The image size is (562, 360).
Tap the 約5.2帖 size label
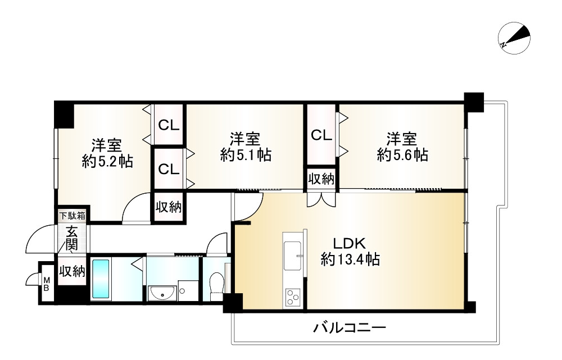[107, 162]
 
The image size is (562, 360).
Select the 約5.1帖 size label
[246, 155]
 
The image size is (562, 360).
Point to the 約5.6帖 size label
[402, 155]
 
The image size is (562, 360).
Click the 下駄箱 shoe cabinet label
[72, 215]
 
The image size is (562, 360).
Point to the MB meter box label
[47, 284]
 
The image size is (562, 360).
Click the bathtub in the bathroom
[102, 279]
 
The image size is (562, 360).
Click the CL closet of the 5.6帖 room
[321, 135]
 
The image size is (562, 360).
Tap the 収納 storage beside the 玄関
[72, 272]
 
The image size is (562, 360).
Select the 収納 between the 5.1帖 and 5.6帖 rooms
[321, 179]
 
